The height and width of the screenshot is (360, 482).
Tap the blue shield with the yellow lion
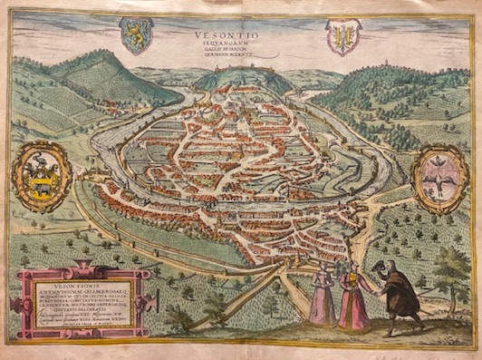click(137, 34)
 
